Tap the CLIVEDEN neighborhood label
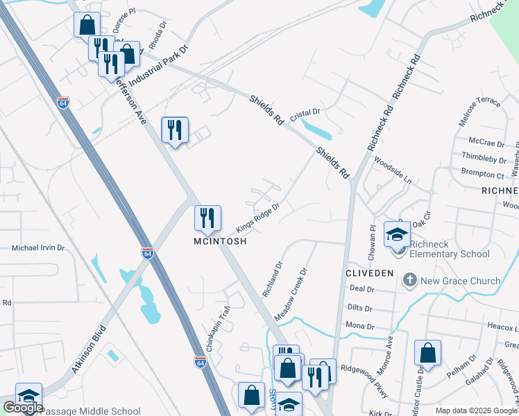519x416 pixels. point(371,273)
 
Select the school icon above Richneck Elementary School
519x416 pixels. point(398,236)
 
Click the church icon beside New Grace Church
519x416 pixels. point(410,281)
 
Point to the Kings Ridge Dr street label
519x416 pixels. point(257,218)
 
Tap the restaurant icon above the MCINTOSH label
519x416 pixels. point(207,218)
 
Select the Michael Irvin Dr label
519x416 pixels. point(38,248)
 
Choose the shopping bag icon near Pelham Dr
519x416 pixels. point(427,352)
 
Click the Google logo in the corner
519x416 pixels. point(23,408)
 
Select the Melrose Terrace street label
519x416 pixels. point(479,112)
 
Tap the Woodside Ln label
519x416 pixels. point(393,171)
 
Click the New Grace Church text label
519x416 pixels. point(461,281)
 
